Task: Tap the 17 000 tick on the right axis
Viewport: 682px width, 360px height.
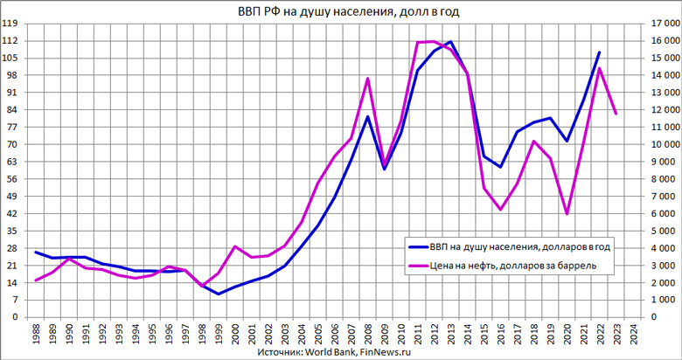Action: pyautogui.click(x=661, y=24)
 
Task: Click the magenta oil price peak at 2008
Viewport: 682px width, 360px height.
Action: pyautogui.click(x=367, y=79)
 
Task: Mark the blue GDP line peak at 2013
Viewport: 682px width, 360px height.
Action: pyautogui.click(x=450, y=42)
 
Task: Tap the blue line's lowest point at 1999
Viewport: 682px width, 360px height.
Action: pyautogui.click(x=218, y=294)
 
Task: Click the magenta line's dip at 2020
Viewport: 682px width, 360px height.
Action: pyautogui.click(x=567, y=214)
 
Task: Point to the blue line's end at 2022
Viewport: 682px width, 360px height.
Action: pyautogui.click(x=599, y=52)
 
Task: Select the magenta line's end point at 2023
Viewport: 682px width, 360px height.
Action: pyautogui.click(x=616, y=114)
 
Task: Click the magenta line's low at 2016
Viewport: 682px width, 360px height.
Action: pyautogui.click(x=500, y=210)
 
